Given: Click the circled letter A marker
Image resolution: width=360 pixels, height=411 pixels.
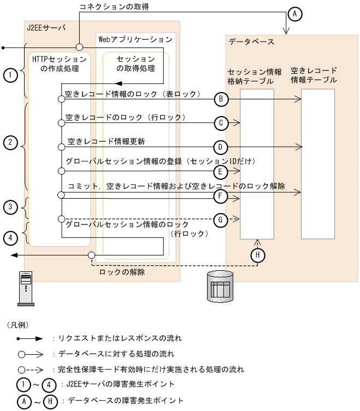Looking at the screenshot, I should pos(294,14).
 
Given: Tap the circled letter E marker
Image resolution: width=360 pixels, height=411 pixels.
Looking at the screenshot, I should pos(221,171).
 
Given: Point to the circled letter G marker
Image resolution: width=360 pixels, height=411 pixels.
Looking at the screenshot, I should pos(221,219).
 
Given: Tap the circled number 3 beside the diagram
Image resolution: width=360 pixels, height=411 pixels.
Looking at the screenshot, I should pos(10,207).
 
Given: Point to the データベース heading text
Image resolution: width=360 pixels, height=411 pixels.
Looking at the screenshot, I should pos(251,41).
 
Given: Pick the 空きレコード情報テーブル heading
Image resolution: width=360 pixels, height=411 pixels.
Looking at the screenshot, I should pos(314,75).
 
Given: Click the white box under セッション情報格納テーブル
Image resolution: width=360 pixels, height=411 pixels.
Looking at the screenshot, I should pos(256,164).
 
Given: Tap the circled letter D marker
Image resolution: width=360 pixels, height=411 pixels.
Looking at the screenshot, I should pos(221,147).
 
